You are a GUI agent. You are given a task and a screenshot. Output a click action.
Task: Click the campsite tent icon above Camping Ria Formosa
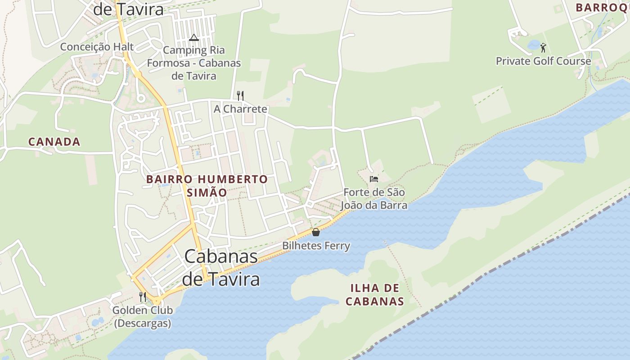point(194,37)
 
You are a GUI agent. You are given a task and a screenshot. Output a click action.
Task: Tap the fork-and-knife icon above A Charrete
point(240,95)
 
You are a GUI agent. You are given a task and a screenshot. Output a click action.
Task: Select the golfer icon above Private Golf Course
point(543,47)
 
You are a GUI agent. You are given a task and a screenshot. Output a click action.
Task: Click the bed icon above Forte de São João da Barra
point(373,179)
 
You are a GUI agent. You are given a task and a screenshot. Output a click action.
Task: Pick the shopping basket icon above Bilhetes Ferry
point(316,232)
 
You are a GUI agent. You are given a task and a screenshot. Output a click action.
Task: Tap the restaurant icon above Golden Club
point(143,297)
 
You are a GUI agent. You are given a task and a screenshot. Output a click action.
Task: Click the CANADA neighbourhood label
point(54,142)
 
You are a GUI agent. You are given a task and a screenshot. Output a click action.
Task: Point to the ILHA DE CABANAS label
point(375,295)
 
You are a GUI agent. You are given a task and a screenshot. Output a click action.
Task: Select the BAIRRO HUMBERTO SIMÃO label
point(207,185)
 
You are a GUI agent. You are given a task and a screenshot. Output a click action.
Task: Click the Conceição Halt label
point(97,47)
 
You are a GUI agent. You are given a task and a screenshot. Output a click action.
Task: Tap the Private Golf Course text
point(543,61)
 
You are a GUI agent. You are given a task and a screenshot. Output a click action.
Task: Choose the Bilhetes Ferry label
point(316,246)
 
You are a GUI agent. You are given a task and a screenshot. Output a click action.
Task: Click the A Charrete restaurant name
point(240,109)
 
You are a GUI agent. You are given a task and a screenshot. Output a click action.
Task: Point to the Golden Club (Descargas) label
point(143,316)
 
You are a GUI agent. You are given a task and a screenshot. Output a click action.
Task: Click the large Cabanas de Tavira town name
point(221,268)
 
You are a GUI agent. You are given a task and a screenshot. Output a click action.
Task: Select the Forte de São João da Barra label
point(373,199)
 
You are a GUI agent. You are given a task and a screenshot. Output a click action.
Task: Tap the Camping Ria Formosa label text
point(194,63)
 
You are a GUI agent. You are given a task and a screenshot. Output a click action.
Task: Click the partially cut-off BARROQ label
point(602,8)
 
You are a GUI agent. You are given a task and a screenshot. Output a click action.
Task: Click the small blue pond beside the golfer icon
point(534,45)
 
